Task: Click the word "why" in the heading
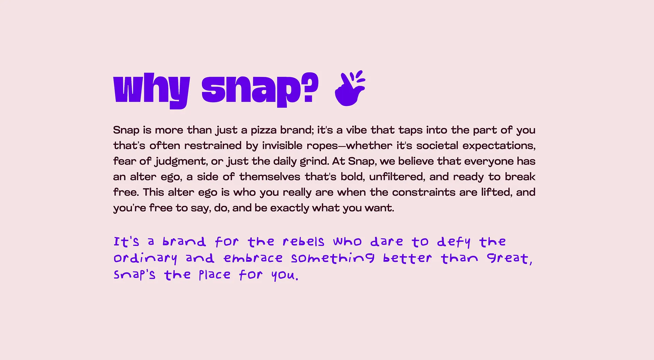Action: tap(151, 89)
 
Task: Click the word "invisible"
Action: tap(282, 146)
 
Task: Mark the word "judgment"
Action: tap(181, 161)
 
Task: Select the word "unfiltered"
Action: tap(397, 177)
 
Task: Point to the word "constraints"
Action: tap(424, 192)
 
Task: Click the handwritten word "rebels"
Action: tap(303, 242)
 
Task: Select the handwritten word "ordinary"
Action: tap(145, 259)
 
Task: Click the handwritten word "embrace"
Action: tap(253, 259)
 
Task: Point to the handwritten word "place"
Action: tap(215, 275)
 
